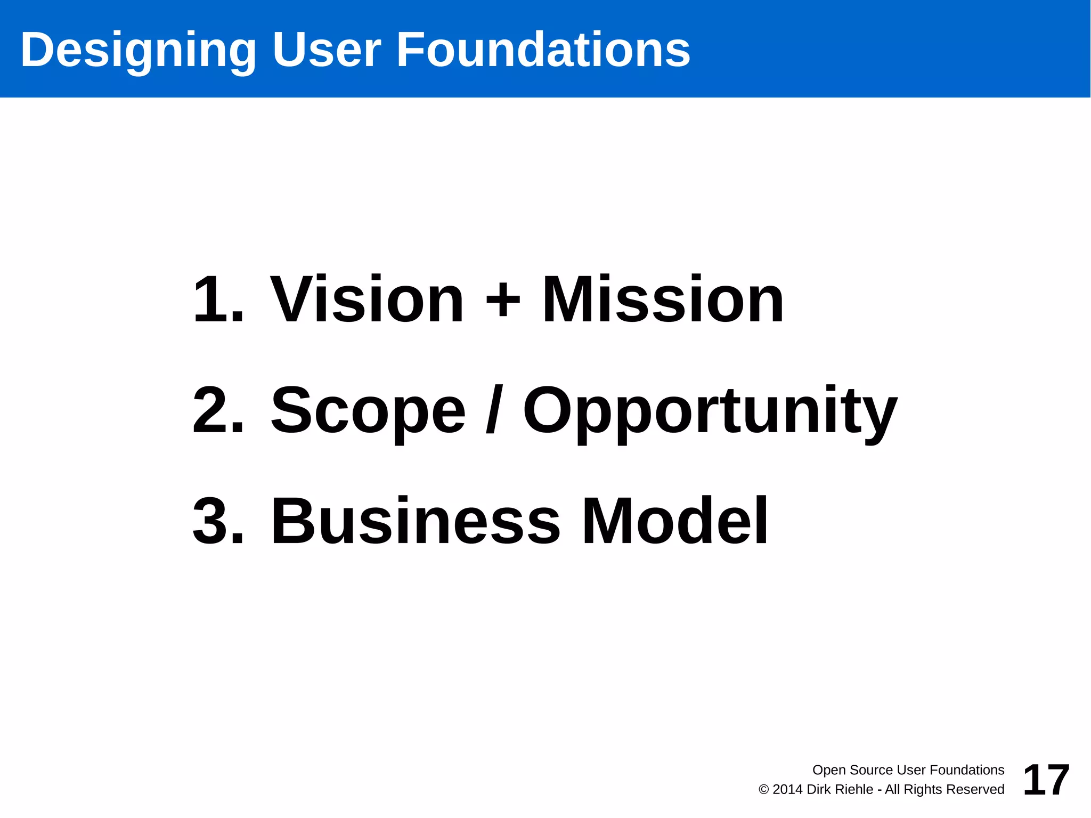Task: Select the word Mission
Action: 663,299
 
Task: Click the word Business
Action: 416,521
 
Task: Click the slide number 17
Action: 1046,780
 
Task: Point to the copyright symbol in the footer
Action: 763,790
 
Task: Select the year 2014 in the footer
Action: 787,790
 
